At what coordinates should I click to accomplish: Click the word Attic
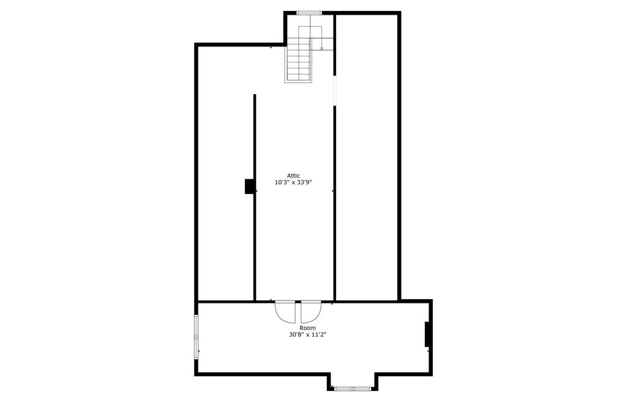coord(293,176)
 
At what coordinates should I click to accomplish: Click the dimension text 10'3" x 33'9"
coord(293,182)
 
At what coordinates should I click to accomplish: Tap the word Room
coord(307,328)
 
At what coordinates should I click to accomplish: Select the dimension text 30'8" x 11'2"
coord(307,335)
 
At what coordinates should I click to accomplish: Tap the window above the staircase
coord(309,13)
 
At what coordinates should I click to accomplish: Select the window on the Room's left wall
coord(197,337)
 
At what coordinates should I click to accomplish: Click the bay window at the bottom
coord(352,388)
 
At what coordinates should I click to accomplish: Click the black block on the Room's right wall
coord(427,334)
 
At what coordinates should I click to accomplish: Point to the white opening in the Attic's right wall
coord(334,91)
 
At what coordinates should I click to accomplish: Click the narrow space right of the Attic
coord(366,158)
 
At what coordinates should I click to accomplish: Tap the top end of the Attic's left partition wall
coord(254,95)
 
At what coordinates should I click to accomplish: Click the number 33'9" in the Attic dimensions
coord(304,182)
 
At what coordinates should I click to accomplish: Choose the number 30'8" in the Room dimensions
coord(297,335)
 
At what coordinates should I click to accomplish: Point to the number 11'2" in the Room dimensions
coord(319,335)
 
